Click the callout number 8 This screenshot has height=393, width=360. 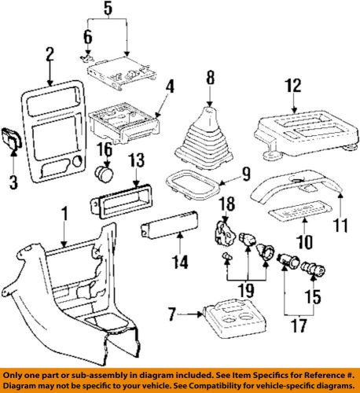tap(211, 77)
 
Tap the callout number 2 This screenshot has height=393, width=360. tap(49, 55)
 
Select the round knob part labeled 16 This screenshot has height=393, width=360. tap(102, 173)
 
